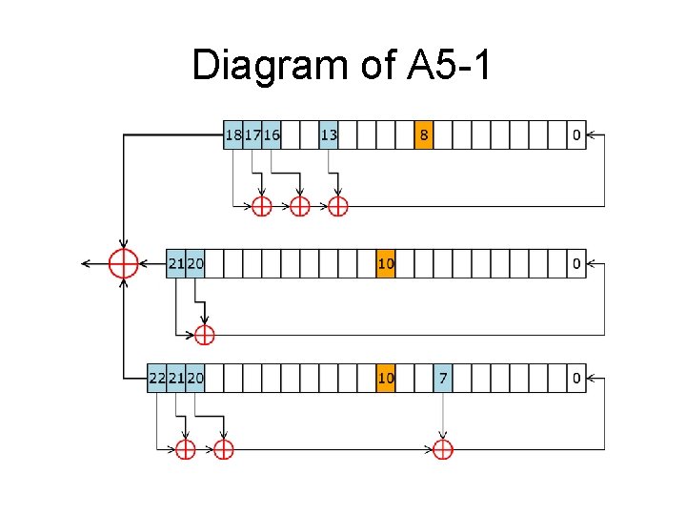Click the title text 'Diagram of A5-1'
[x=342, y=65]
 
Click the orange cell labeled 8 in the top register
[x=423, y=135]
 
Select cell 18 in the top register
[x=232, y=135]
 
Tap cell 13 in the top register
[x=328, y=135]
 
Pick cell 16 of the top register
[x=272, y=135]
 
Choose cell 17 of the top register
[x=252, y=135]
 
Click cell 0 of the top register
[x=575, y=135]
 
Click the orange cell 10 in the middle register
[x=385, y=263]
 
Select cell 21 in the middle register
[x=175, y=263]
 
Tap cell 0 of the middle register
[x=575, y=263]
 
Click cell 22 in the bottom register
[x=157, y=378]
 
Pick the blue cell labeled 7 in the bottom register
[x=442, y=378]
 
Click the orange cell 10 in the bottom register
[x=385, y=378]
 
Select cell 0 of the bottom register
[x=575, y=378]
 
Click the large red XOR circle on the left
[x=124, y=262]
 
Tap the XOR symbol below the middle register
[x=204, y=335]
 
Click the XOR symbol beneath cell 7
[x=442, y=448]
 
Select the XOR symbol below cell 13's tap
[x=337, y=206]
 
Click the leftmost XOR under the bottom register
[x=185, y=448]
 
